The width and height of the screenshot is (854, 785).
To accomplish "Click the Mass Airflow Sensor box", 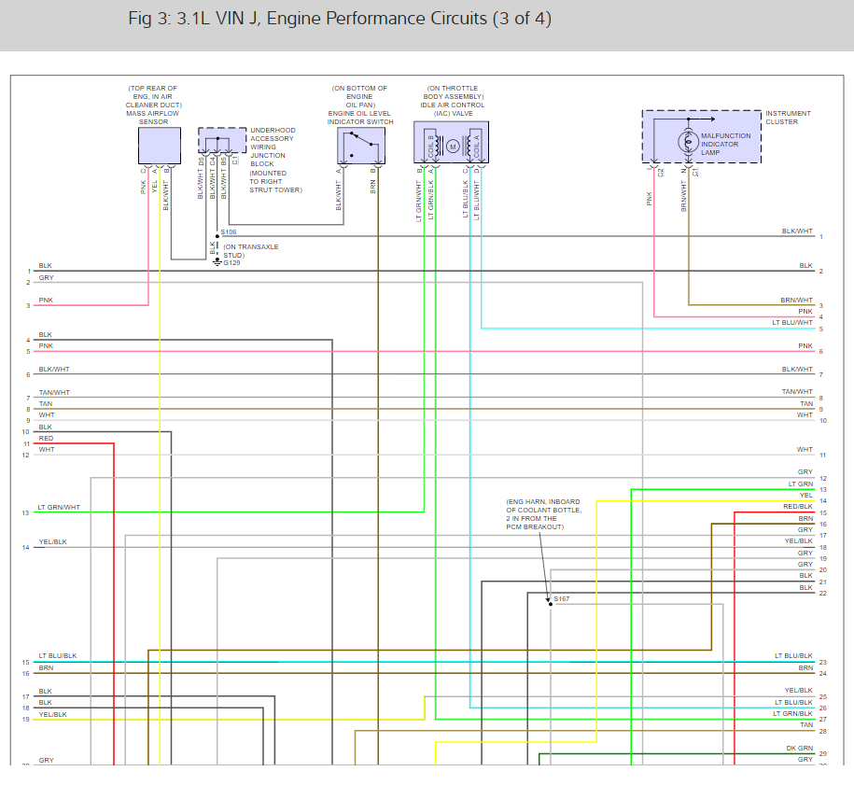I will tap(159, 146).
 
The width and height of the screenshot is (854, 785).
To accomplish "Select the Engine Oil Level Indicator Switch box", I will tap(359, 146).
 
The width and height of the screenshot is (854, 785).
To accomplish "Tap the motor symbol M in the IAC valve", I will tap(453, 146).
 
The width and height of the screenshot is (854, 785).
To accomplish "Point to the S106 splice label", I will tap(230, 231).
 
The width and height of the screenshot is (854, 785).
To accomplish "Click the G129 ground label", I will tap(231, 263).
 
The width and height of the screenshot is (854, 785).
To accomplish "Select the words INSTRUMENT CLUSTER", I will tap(788, 118).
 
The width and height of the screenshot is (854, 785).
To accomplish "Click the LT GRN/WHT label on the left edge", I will tap(59, 508).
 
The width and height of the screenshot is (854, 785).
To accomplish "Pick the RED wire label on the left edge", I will tap(46, 439).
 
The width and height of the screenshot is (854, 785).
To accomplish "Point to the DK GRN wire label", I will tap(799, 750).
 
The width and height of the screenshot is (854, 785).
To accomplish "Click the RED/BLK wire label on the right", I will tap(798, 507).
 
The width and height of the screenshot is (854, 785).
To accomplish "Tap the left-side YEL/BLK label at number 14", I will tap(52, 542).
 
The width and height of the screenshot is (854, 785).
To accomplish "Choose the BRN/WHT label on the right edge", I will tap(798, 301).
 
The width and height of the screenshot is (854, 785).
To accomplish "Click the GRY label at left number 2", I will tap(46, 277).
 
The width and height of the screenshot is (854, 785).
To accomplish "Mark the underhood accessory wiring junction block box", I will tap(221, 140).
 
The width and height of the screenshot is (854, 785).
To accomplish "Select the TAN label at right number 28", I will tap(806, 724).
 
